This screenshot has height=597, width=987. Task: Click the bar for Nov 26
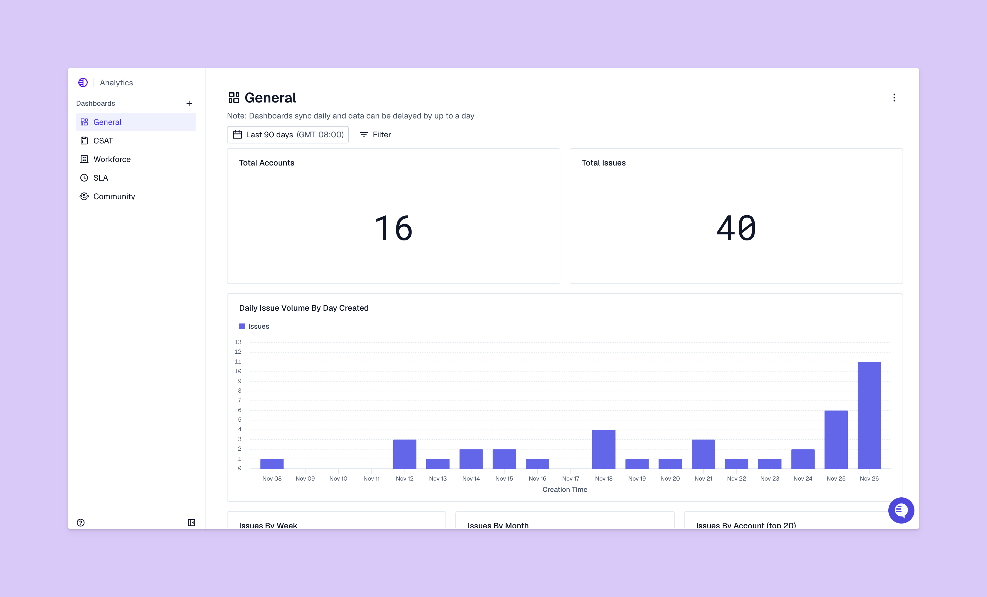[x=869, y=415]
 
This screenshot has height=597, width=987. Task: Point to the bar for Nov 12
[x=405, y=454]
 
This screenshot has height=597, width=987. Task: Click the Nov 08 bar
[x=272, y=464]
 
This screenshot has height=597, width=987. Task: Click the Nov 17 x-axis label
[x=571, y=479]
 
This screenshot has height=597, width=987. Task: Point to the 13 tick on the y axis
[x=238, y=342]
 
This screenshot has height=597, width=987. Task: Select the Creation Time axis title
[x=564, y=489]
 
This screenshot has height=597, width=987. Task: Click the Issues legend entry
[x=254, y=326]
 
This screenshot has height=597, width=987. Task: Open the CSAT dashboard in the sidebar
[x=103, y=141]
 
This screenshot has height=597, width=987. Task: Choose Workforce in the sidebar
[x=112, y=159]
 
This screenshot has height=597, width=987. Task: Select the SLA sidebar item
[x=100, y=178]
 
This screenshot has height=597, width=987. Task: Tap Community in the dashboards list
[x=114, y=196]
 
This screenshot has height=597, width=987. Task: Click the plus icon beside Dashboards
[x=189, y=103]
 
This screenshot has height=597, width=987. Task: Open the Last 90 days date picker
[x=288, y=135]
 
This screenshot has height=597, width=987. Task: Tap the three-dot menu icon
[x=894, y=98]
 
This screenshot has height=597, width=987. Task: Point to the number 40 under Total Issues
[x=736, y=228]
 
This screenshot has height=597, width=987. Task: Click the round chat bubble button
[x=901, y=510]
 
